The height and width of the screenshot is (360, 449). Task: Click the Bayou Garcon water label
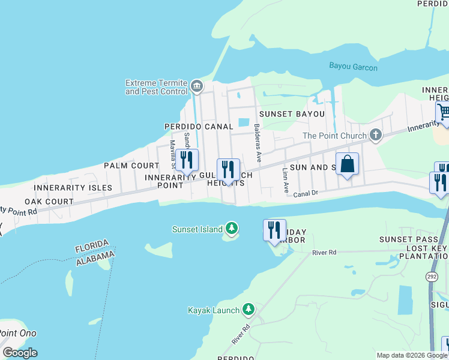click(353, 67)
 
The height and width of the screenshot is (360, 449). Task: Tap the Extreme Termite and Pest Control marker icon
click(196, 88)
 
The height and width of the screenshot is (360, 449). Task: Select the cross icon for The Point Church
click(376, 134)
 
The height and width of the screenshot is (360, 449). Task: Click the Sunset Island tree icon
click(232, 229)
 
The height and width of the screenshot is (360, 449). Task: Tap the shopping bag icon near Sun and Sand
click(347, 164)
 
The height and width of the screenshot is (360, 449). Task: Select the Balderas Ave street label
click(258, 143)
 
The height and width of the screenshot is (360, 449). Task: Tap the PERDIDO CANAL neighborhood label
click(199, 127)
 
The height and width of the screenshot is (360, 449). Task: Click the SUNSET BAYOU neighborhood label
click(292, 114)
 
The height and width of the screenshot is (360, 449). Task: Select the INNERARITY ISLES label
click(73, 188)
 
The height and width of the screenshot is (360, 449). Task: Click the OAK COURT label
click(49, 202)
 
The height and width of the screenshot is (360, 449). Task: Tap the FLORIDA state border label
click(92, 247)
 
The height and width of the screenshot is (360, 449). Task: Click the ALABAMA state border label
click(95, 258)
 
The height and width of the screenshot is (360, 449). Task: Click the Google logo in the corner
click(20, 353)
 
